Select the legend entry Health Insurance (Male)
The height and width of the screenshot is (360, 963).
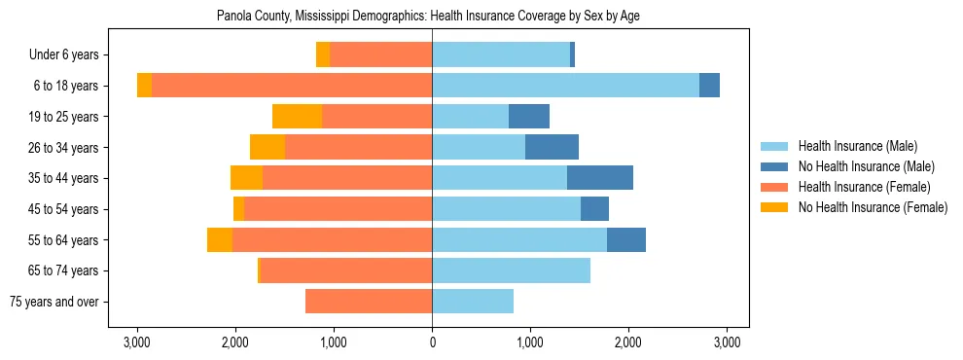857,146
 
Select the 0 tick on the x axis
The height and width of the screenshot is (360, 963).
432,342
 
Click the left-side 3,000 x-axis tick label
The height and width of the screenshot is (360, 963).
137,342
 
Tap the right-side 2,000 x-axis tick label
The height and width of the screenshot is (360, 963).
628,342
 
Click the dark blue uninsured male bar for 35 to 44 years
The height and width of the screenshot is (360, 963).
600,178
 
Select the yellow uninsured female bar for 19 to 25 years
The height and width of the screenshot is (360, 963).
297,117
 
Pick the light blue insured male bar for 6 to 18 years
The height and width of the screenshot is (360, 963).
565,86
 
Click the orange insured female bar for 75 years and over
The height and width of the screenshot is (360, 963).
369,302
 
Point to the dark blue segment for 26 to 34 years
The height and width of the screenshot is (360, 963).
552,147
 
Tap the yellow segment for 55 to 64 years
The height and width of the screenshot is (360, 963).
220,239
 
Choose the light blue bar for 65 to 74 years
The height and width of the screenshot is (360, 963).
511,270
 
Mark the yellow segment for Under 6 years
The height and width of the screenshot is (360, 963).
323,54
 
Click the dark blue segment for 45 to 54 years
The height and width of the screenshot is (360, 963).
594,209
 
